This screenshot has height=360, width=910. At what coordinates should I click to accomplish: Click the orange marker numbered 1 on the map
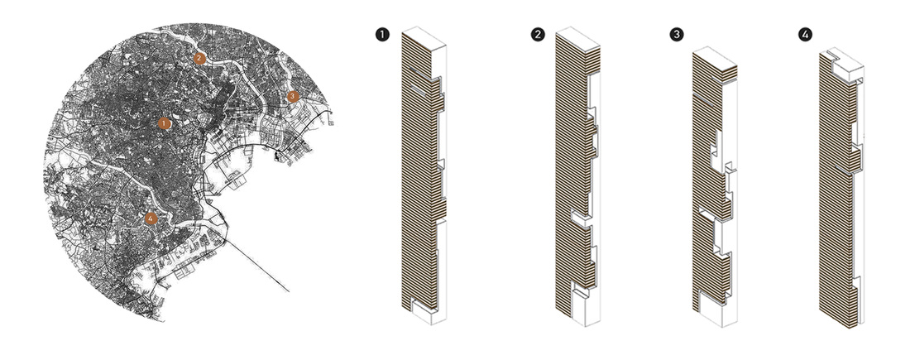pyautogui.click(x=165, y=123)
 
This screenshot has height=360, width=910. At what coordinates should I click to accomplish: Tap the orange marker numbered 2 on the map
pyautogui.click(x=199, y=58)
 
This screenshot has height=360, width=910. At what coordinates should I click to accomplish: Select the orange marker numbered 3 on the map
pyautogui.click(x=293, y=96)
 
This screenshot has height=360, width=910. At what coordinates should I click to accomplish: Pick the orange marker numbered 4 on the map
pyautogui.click(x=151, y=218)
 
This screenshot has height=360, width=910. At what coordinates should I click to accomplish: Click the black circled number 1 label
pyautogui.click(x=382, y=35)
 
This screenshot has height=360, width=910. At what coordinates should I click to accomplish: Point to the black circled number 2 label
pyautogui.click(x=538, y=35)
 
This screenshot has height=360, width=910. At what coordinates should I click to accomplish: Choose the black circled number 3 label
pyautogui.click(x=676, y=35)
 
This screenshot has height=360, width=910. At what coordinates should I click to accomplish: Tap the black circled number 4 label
pyautogui.click(x=805, y=35)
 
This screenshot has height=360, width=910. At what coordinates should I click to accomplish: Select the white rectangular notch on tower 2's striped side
pyautogui.click(x=581, y=218)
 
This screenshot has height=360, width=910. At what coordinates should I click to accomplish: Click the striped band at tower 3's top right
pyautogui.click(x=729, y=74)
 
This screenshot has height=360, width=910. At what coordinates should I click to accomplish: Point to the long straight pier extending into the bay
pyautogui.click(x=257, y=265)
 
